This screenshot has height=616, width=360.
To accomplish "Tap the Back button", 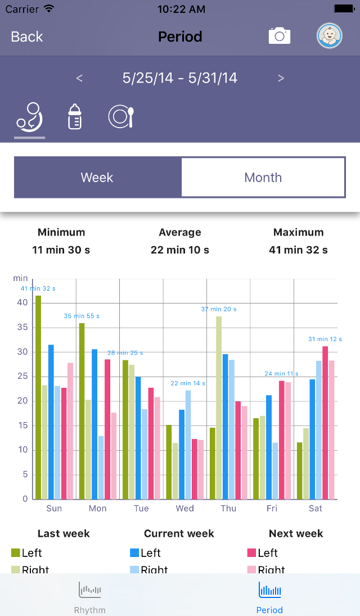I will [x=27, y=37].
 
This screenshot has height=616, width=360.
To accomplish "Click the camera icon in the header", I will [x=279, y=36].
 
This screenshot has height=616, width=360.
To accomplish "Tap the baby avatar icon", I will [x=329, y=36].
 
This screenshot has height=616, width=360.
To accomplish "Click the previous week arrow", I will [x=79, y=78].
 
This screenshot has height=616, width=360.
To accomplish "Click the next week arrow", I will [x=281, y=78].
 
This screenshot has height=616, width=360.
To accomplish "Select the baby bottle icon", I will [x=75, y=117].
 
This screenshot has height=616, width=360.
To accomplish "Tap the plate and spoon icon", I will [x=121, y=117].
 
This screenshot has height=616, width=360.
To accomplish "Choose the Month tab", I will [x=263, y=178].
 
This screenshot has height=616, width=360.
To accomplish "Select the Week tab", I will [x=97, y=178].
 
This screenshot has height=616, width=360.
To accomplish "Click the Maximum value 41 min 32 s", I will [x=298, y=250].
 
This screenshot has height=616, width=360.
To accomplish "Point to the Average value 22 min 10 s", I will [x=180, y=250].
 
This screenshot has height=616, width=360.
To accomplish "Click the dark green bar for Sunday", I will [x=38, y=397].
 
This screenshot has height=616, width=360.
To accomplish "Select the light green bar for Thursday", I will [x=219, y=407].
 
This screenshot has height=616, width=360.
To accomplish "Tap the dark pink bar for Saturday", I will [x=325, y=422].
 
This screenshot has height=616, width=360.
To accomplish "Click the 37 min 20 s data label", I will [x=219, y=309].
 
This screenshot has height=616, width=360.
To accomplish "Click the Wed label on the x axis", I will [x=184, y=509].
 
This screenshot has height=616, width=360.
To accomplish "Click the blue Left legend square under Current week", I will [x=134, y=553].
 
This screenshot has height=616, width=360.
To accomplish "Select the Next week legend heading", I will [x=296, y=533].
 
